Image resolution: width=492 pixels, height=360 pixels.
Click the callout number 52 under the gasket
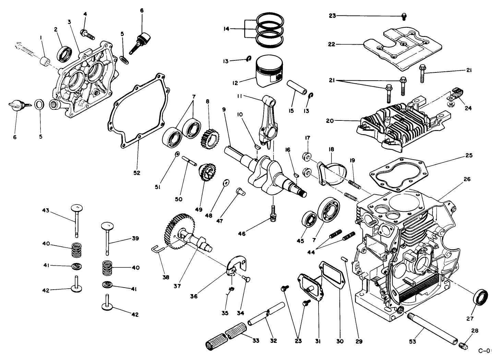coord(136,173)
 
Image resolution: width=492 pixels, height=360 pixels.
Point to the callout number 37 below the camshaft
coord(177,285)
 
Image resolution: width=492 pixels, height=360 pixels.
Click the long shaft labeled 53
coord(433,328)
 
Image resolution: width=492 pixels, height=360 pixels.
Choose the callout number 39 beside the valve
coord(135,238)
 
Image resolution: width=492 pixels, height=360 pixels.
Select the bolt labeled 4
coord(87,34)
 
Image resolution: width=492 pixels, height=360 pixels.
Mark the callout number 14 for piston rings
coord(226,29)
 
